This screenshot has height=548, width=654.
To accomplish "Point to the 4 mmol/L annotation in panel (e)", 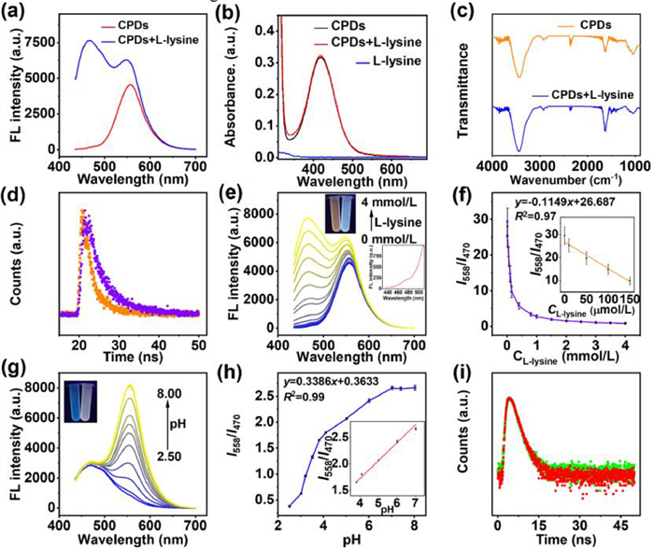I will (390, 202).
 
